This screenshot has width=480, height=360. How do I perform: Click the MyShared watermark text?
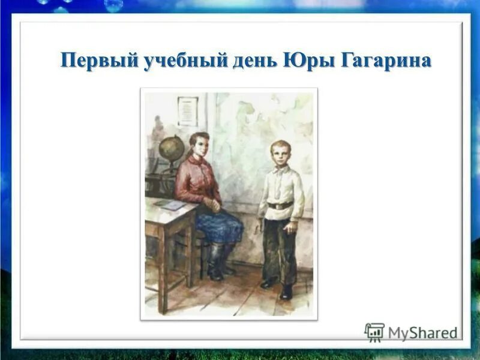(x=422, y=333)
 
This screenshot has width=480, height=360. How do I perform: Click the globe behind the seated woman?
(x=172, y=148)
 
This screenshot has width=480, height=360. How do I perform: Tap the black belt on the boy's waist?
(x=280, y=206)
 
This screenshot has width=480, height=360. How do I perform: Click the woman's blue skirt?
(x=219, y=225)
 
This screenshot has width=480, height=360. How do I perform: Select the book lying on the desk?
(x=170, y=205)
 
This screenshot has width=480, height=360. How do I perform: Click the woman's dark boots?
(x=217, y=264)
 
